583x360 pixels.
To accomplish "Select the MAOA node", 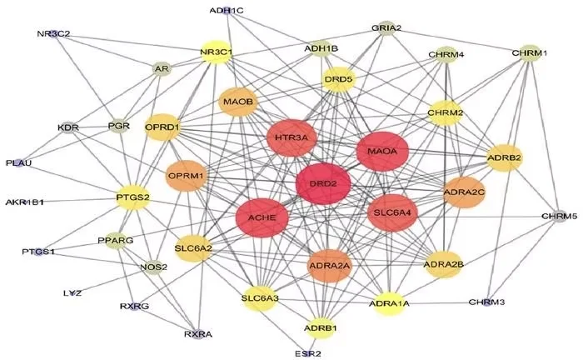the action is pyautogui.click(x=382, y=152).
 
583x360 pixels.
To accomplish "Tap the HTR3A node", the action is pyautogui.click(x=292, y=137).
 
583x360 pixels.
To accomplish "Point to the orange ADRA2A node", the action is pyautogui.click(x=331, y=265).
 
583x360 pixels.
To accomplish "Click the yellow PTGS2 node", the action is pyautogui.click(x=133, y=197).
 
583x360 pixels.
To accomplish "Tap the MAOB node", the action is pyautogui.click(x=238, y=102).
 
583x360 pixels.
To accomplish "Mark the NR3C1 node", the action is pyautogui.click(x=216, y=52).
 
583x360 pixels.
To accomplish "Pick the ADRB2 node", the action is pyautogui.click(x=504, y=157).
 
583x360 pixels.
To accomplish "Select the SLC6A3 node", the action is pyautogui.click(x=259, y=297).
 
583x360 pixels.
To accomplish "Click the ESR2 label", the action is pyautogui.click(x=307, y=352).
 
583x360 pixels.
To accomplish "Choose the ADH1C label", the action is pyautogui.click(x=227, y=11).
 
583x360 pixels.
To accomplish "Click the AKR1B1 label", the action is pyautogui.click(x=25, y=202).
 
